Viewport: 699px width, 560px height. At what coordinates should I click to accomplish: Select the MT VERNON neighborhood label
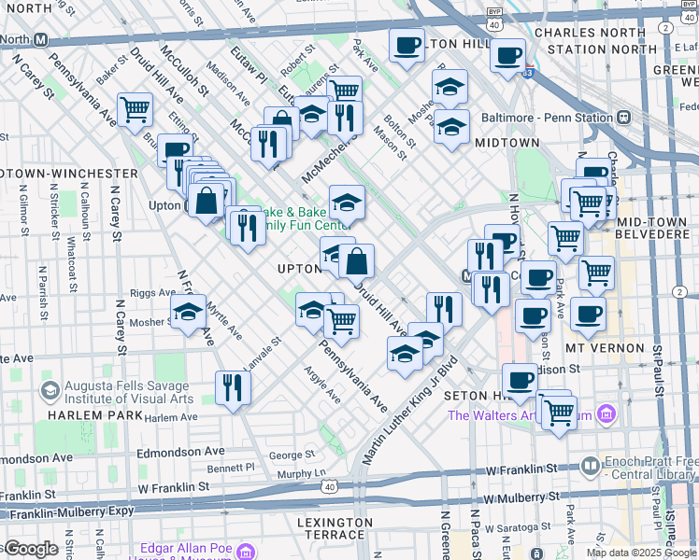(x=605, y=347)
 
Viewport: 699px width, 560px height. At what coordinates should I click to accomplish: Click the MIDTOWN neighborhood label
(x=506, y=143)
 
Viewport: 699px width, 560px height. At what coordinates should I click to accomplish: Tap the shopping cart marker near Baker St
(x=136, y=109)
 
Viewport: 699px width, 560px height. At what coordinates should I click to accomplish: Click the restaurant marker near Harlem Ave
(x=233, y=387)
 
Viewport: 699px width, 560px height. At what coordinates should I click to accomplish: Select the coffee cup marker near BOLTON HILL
(x=407, y=47)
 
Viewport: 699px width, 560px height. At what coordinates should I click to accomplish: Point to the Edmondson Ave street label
(x=36, y=458)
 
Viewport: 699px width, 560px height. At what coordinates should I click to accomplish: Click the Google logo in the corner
(x=30, y=549)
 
